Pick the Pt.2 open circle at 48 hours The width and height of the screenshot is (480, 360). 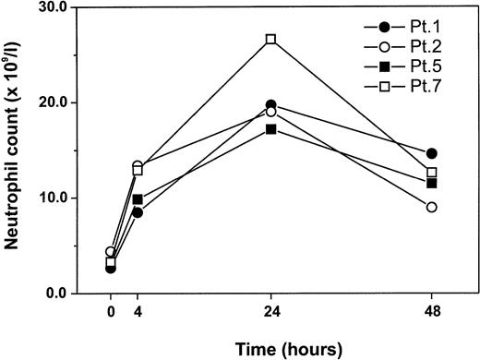pos(432,207)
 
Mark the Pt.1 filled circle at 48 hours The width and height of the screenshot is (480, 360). pos(432,153)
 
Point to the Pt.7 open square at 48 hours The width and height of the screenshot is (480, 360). pos(432,173)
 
